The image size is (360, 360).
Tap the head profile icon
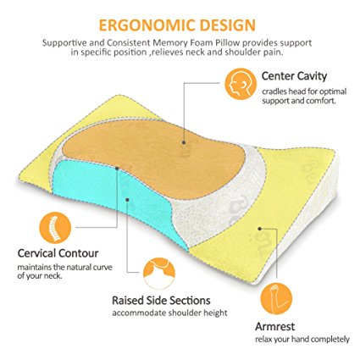click(x=241, y=84)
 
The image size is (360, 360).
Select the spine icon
click(x=55, y=228)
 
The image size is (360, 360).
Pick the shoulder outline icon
click(x=159, y=273)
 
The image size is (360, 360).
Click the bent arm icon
click(x=276, y=299)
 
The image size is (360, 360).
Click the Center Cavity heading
click(x=294, y=76)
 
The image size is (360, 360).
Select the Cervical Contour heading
click(x=58, y=253)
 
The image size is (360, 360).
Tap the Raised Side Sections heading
click(x=161, y=301)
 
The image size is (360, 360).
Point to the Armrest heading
click(x=274, y=327)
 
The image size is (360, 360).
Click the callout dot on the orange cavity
click(x=184, y=142)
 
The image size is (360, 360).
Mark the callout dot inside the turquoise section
click(x=127, y=200)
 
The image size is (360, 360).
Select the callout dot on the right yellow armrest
click(x=260, y=229)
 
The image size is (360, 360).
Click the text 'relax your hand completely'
click(x=302, y=339)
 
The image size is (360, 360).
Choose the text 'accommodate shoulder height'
click(x=169, y=313)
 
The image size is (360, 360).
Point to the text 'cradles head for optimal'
click(x=304, y=91)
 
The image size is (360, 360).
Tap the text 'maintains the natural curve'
click(x=65, y=267)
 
